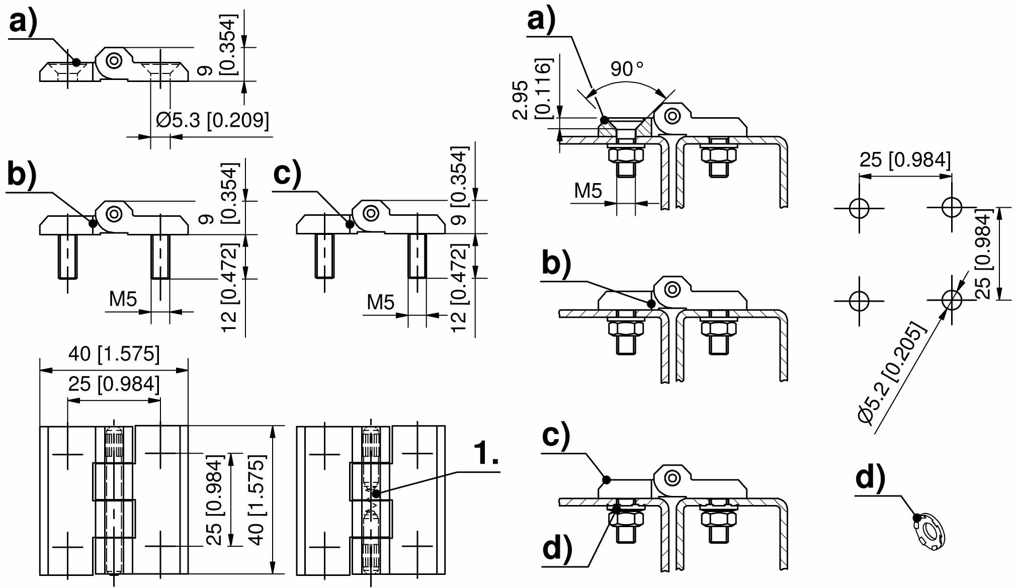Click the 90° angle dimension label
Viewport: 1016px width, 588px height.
pyautogui.click(x=627, y=69)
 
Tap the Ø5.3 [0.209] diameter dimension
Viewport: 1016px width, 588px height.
pyautogui.click(x=212, y=120)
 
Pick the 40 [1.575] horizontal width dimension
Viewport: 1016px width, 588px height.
pyautogui.click(x=114, y=354)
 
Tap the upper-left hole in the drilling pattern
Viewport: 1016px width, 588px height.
pyautogui.click(x=859, y=208)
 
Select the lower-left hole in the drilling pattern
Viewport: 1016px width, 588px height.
pyautogui.click(x=859, y=301)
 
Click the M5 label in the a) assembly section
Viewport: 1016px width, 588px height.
pyautogui.click(x=588, y=191)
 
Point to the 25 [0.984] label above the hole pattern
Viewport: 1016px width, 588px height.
pyautogui.click(x=905, y=160)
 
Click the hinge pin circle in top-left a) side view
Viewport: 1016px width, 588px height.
pyautogui.click(x=115, y=61)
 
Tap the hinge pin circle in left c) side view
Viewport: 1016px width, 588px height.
pyautogui.click(x=371, y=213)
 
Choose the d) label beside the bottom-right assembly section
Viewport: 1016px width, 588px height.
pyautogui.click(x=557, y=548)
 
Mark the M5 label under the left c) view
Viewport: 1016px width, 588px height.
pyautogui.click(x=381, y=302)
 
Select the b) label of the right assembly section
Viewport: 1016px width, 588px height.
pyautogui.click(x=557, y=263)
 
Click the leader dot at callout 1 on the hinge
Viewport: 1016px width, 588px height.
pyautogui.click(x=376, y=494)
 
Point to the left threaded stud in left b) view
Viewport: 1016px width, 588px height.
pyautogui.click(x=68, y=257)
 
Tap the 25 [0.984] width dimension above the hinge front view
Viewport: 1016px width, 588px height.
pyautogui.click(x=114, y=384)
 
